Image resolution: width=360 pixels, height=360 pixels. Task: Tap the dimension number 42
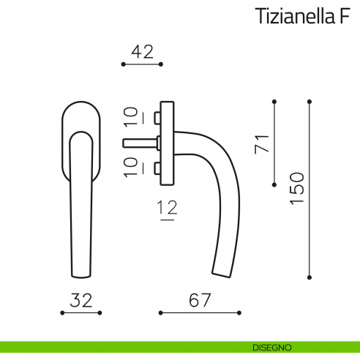[141, 52]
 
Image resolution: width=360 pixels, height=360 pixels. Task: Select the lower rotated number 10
[130, 167]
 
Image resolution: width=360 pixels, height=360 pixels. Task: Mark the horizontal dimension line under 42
[141, 65]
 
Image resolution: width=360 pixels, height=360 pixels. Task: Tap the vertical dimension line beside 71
[274, 142]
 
